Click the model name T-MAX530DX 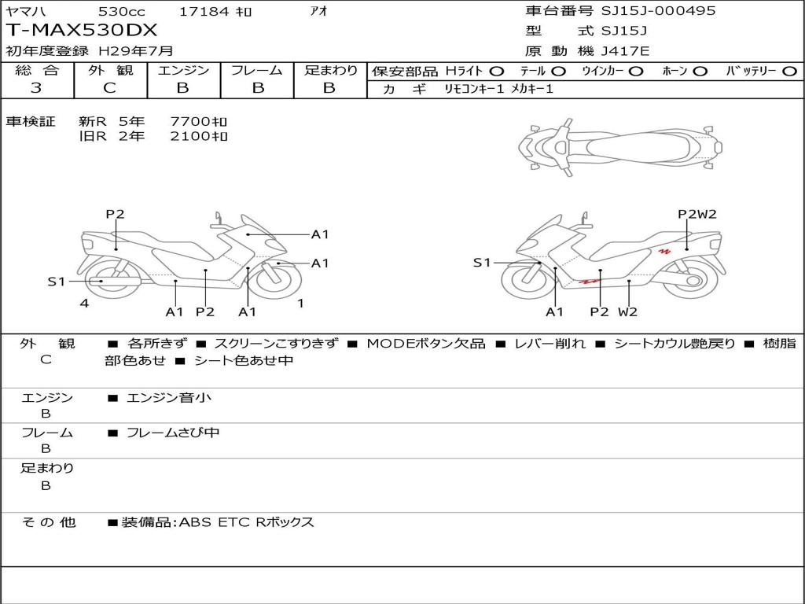pyautogui.click(x=82, y=31)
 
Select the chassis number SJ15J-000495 pyautogui.click(x=658, y=10)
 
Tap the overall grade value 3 pyautogui.click(x=36, y=88)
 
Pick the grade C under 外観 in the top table pyautogui.click(x=110, y=88)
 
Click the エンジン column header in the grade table pyautogui.click(x=183, y=70)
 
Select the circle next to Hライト pyautogui.click(x=497, y=72)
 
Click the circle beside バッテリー pyautogui.click(x=789, y=72)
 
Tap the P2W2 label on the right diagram pyautogui.click(x=697, y=214)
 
